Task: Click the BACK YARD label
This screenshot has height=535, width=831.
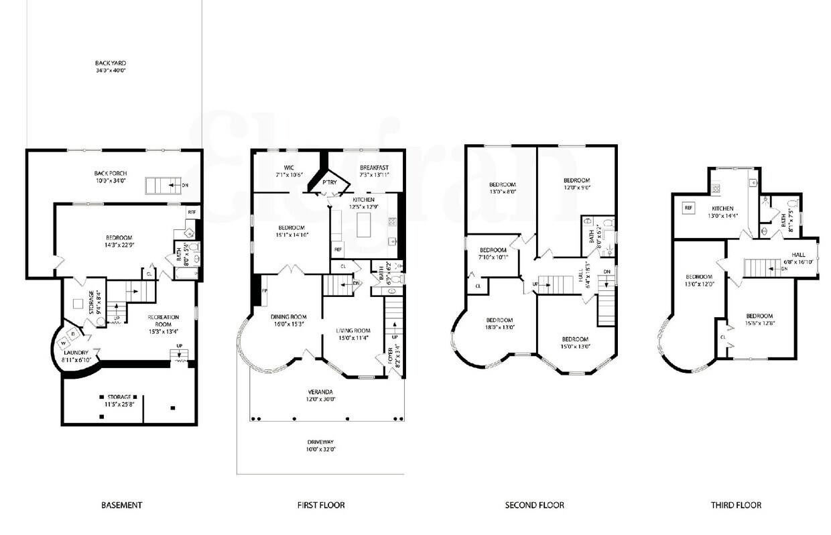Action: [x=111, y=64]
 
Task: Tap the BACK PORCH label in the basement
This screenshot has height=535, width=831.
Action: [x=111, y=173]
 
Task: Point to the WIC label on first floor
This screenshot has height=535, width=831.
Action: [x=290, y=167]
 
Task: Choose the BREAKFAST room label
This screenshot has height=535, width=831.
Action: [x=373, y=167]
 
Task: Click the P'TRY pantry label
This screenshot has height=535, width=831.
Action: [x=329, y=182]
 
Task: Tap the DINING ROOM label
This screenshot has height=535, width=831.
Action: [x=288, y=317]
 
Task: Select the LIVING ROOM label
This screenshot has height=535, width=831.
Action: [x=353, y=330]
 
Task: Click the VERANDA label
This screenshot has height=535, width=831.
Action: [x=320, y=392]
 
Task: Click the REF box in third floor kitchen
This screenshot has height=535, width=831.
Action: [x=688, y=208]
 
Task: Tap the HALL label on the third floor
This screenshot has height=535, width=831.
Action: [x=799, y=254]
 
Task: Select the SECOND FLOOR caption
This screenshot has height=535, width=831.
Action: [x=534, y=505]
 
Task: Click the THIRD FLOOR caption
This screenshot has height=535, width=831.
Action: [x=736, y=505]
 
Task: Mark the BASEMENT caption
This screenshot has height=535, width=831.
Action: [x=121, y=505]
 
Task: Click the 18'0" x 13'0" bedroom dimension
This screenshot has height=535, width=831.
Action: [x=499, y=328]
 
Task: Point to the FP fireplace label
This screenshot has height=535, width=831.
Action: [x=264, y=290]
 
